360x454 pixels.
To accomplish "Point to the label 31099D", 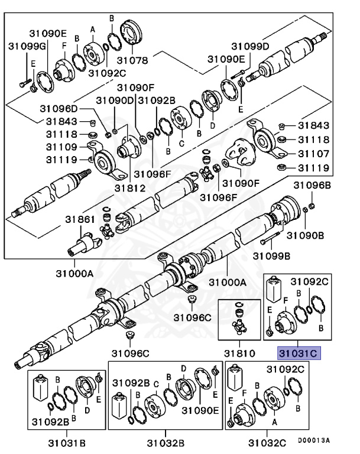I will click(249, 46).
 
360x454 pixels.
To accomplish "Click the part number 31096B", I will click(313, 185).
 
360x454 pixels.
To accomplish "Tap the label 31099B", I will click(271, 255).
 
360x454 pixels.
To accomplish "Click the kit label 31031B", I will click(67, 442).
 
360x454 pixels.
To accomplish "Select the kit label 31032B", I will click(166, 442).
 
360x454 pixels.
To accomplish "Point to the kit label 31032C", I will click(267, 442).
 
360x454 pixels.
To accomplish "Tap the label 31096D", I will click(59, 108).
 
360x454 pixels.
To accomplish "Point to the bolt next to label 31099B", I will click(269, 240).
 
